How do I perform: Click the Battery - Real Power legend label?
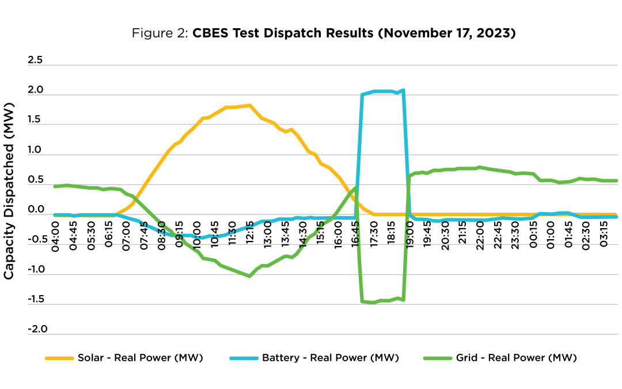coord(330,358)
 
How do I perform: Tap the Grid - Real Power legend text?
coord(516,358)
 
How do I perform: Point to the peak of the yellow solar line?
coord(249,105)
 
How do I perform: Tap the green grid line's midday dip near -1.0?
coord(249,276)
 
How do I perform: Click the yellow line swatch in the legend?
coord(59,358)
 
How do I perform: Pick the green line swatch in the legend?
coord(437,358)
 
